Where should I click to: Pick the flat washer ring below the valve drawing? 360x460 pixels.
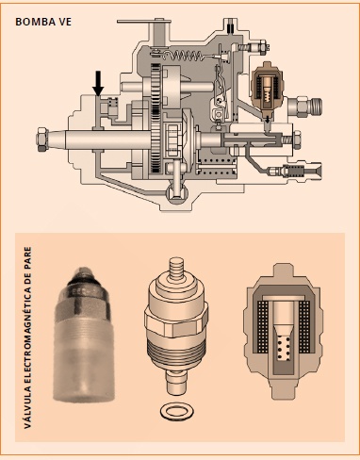pyautogui.click(x=173, y=410)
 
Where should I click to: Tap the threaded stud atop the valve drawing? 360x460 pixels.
pyautogui.click(x=174, y=269)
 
